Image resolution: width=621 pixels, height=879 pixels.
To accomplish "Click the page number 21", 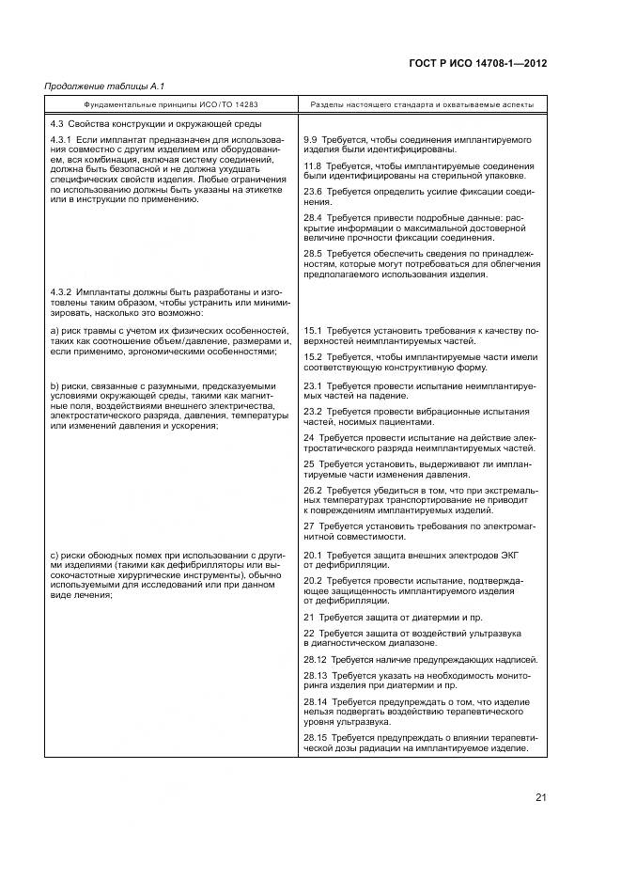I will tap(541, 798).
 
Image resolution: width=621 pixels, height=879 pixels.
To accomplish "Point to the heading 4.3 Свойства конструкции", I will tap(155, 124).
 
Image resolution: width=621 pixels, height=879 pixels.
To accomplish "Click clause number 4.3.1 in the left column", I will tap(61, 139).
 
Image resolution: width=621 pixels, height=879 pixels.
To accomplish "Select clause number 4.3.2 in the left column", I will tap(61, 291).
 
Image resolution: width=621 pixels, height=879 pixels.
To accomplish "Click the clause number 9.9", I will tap(312, 139).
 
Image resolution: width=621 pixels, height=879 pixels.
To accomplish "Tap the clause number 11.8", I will tap(314, 165).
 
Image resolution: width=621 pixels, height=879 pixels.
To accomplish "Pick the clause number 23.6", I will tap(314, 192).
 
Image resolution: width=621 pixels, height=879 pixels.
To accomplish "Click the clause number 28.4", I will tap(314, 218).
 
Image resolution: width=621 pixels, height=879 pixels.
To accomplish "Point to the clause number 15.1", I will tap(314, 331).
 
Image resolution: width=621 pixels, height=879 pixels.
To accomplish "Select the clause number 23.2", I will tap(314, 411).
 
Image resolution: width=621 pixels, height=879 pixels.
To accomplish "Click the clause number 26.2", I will tap(314, 490).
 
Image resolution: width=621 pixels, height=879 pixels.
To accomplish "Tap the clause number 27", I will tap(309, 526).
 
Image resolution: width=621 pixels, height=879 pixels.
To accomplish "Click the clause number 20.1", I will tap(314, 556).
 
